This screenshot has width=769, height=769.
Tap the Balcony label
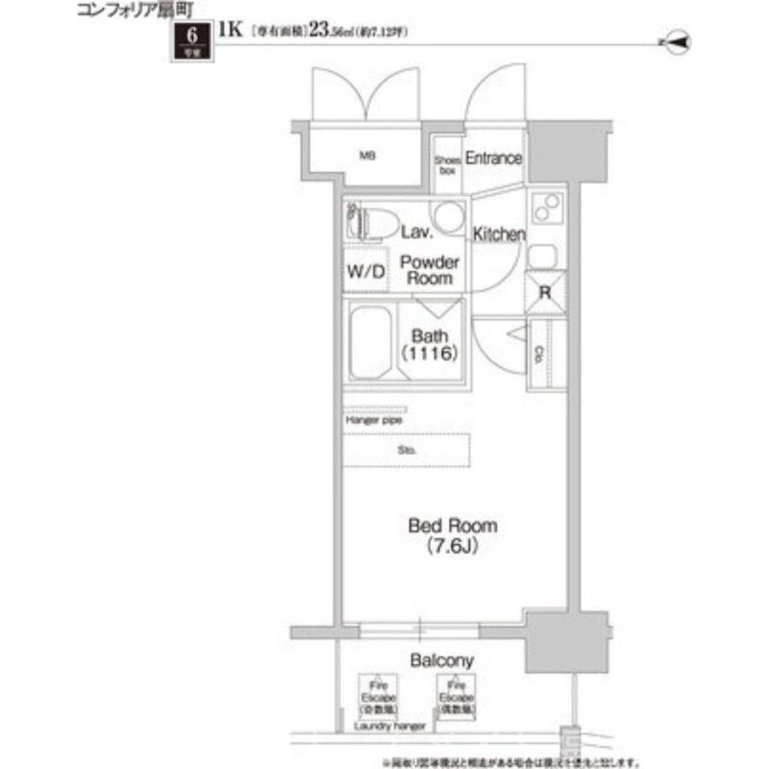pyautogui.click(x=441, y=661)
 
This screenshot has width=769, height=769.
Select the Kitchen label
pyautogui.click(x=498, y=235)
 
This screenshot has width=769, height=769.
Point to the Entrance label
pyautogui.click(x=493, y=159)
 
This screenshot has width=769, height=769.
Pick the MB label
pyautogui.click(x=367, y=155)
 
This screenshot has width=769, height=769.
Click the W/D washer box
pyautogui.click(x=365, y=271)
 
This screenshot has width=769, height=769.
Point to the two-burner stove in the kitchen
pyautogui.click(x=546, y=208)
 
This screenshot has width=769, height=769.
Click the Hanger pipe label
pyautogui.click(x=374, y=421)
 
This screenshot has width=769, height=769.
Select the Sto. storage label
pyautogui.click(x=408, y=449)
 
